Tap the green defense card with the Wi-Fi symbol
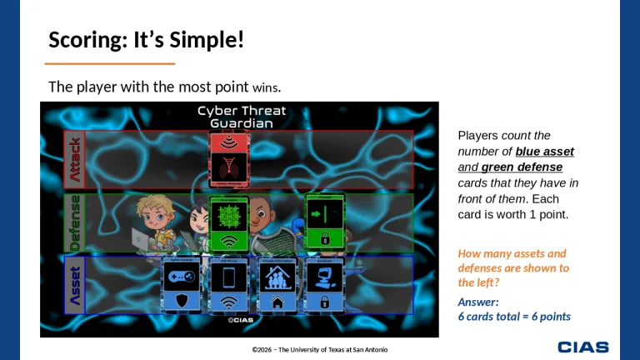click(228, 223)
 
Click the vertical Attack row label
click(75, 159)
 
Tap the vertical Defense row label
click(75, 222)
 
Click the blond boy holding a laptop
click(152, 222)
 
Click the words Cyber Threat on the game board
click(241, 111)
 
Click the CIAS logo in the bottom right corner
click(582, 347)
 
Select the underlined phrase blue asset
click(544, 152)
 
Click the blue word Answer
click(478, 302)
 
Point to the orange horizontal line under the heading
click(109, 63)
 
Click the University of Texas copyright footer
click(320, 349)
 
